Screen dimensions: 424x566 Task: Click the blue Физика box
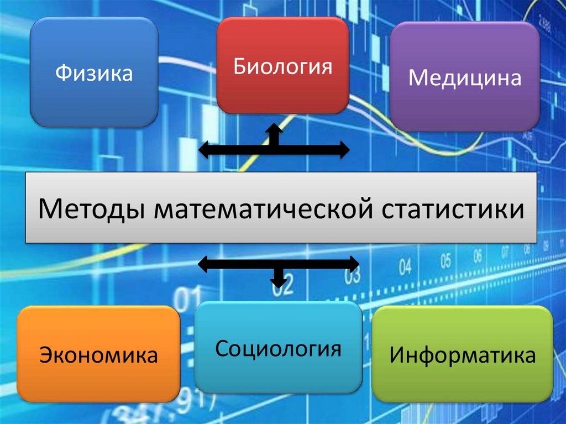[94, 72]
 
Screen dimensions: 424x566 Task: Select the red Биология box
[282, 66]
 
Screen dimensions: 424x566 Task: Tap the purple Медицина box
[465, 77]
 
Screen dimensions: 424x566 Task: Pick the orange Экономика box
[99, 354]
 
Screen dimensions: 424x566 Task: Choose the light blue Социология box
[278, 348]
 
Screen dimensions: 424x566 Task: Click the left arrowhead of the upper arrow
[205, 149]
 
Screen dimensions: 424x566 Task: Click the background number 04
[405, 268]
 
